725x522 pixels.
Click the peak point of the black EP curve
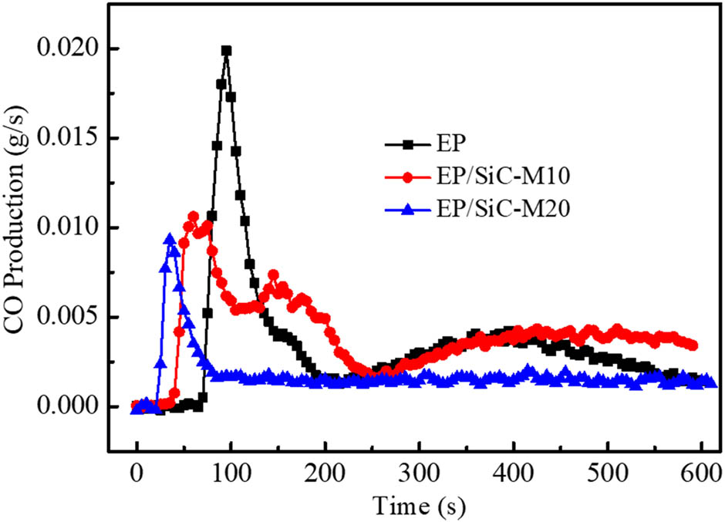pyautogui.click(x=226, y=51)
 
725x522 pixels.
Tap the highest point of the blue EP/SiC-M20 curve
pyautogui.click(x=170, y=239)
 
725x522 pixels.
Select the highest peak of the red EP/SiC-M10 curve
pyautogui.click(x=193, y=217)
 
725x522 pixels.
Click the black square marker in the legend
pyautogui.click(x=404, y=143)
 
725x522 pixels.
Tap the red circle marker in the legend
pyautogui.click(x=404, y=177)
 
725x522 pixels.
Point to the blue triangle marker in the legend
pyautogui.click(x=404, y=209)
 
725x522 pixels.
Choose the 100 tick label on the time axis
pyautogui.click(x=230, y=469)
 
